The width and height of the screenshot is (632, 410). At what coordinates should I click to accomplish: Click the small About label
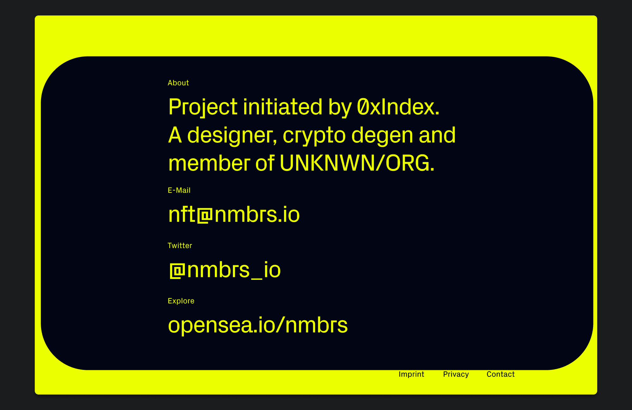pos(178,83)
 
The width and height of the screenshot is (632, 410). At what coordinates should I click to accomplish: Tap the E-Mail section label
pos(179,190)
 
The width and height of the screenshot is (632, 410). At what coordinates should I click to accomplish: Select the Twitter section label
pos(180,245)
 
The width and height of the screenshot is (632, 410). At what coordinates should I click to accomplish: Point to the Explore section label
pos(181,301)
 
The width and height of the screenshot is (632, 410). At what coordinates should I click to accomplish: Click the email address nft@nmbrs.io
pos(234,214)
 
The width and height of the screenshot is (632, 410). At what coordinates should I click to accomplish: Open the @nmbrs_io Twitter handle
pos(225,270)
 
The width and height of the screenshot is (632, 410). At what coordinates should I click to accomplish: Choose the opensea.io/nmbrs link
pos(258,325)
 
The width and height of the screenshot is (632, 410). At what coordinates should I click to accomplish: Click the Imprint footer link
pos(411,374)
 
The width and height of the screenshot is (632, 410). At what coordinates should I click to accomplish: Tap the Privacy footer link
pos(456,374)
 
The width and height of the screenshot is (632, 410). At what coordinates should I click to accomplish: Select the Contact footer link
pos(501,374)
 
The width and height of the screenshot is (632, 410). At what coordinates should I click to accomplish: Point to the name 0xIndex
pos(398,107)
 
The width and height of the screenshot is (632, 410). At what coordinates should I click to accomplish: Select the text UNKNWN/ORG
pos(357,163)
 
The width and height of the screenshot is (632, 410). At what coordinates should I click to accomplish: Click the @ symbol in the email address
pos(205,215)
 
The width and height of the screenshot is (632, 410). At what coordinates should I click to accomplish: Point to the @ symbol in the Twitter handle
pos(177,271)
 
